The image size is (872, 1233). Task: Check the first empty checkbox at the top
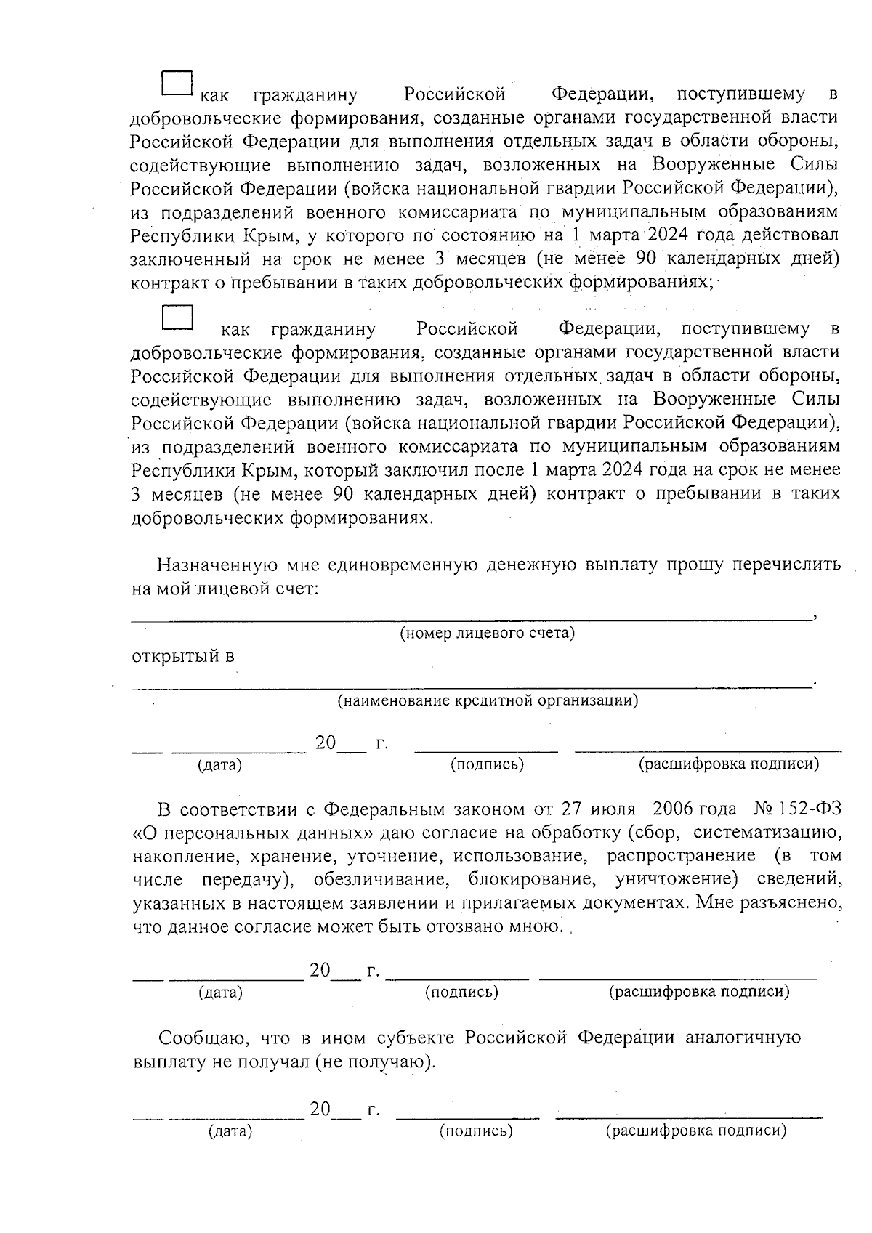(176, 84)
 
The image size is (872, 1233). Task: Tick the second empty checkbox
(177, 318)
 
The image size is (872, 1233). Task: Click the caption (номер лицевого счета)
(487, 633)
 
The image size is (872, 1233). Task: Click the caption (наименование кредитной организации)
(487, 701)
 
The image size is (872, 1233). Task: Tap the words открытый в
(182, 657)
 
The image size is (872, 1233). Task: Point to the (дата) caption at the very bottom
(230, 1131)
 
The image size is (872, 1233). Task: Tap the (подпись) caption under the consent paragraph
(461, 992)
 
